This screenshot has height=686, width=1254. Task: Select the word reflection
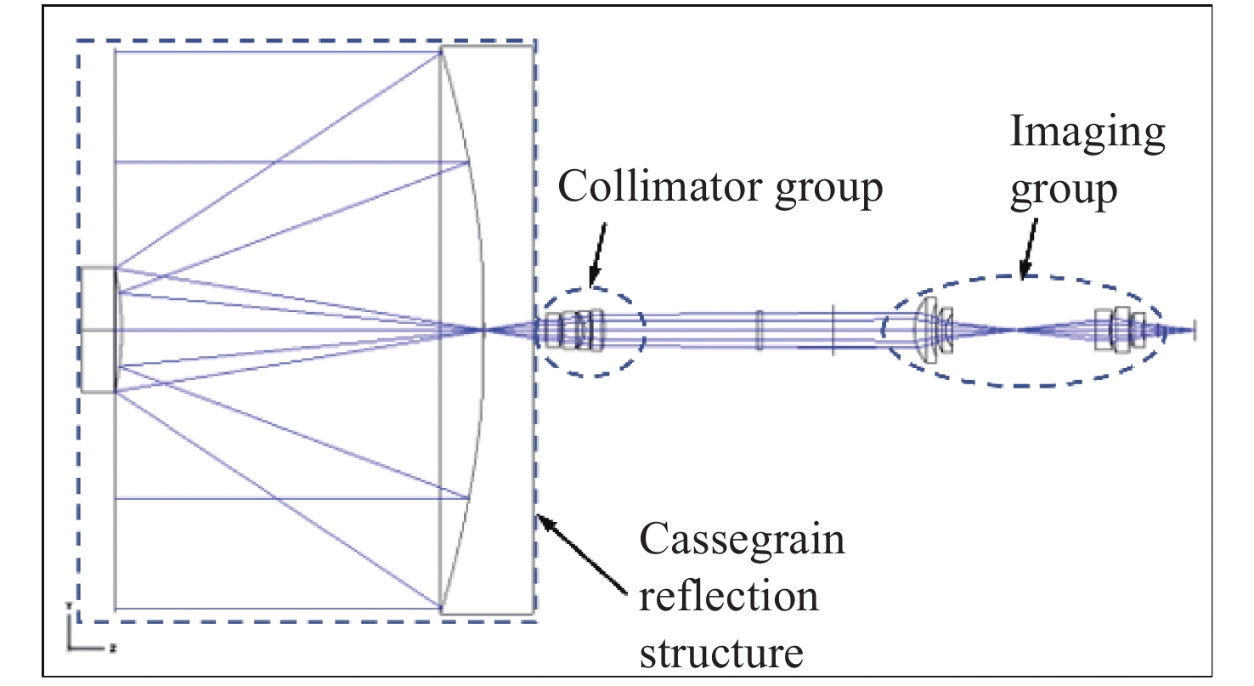729,597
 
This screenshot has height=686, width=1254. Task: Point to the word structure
720,653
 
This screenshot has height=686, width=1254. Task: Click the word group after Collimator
829,189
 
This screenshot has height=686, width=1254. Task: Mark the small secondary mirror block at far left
99,329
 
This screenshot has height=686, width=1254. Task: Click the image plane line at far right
1195,330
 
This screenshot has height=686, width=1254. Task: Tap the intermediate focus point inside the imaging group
1016,330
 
